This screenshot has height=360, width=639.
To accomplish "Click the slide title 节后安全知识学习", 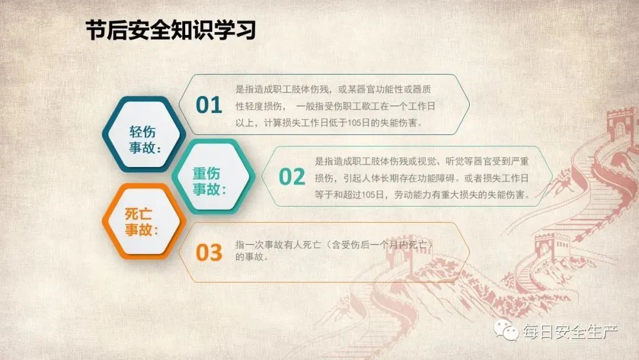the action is tap(170, 30).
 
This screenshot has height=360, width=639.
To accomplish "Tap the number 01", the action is tap(209, 105).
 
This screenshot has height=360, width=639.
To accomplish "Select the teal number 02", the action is tap(292, 176).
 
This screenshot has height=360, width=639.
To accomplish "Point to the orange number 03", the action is tap(209, 252).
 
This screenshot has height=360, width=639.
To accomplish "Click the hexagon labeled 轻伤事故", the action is tap(144, 134).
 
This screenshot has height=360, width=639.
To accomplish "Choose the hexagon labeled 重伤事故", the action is tap(213, 176).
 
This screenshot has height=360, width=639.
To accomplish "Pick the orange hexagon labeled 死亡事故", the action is tap(144, 221).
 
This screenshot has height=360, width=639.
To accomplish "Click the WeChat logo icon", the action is tap(505, 330).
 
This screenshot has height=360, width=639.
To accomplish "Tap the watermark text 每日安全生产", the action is tap(570, 331).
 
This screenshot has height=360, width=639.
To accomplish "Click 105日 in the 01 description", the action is tap(359, 123).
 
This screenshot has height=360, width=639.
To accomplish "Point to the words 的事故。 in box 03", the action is tap(252, 257).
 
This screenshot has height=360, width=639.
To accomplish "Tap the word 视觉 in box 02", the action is tap(426, 162).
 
